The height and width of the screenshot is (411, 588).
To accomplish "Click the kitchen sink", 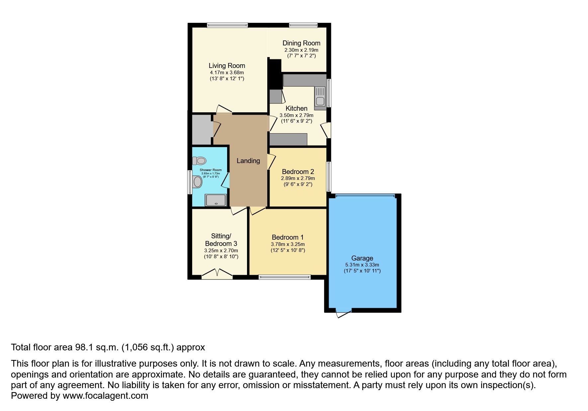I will coord(320,96).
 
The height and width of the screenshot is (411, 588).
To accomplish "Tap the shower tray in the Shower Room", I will coord(216,200).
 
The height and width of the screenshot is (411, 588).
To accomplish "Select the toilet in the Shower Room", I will coord(199,161).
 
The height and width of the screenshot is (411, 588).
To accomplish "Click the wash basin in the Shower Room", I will coord(198,182).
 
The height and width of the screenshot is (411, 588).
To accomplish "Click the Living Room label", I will coord(227,66).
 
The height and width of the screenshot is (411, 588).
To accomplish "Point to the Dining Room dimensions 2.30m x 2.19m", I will coord(301,50).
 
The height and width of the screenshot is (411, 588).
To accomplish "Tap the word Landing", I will coord(248,161).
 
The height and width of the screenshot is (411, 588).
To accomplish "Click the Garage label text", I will coord(362,258).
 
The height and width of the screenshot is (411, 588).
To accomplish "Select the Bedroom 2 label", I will coord(298,172).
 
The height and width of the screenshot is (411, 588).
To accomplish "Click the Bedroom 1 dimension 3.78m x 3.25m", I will coord(288,244).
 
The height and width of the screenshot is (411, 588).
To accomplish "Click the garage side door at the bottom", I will coord(344,313).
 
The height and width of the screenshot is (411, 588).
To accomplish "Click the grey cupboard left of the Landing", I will coord(202,130).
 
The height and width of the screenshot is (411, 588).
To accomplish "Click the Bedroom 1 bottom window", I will coord(285,277).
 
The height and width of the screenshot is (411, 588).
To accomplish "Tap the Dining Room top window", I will coord(303,25).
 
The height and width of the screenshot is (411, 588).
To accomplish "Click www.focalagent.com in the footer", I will coord(105,396).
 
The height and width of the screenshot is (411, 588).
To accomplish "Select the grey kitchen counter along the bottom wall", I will coord(288,139).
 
